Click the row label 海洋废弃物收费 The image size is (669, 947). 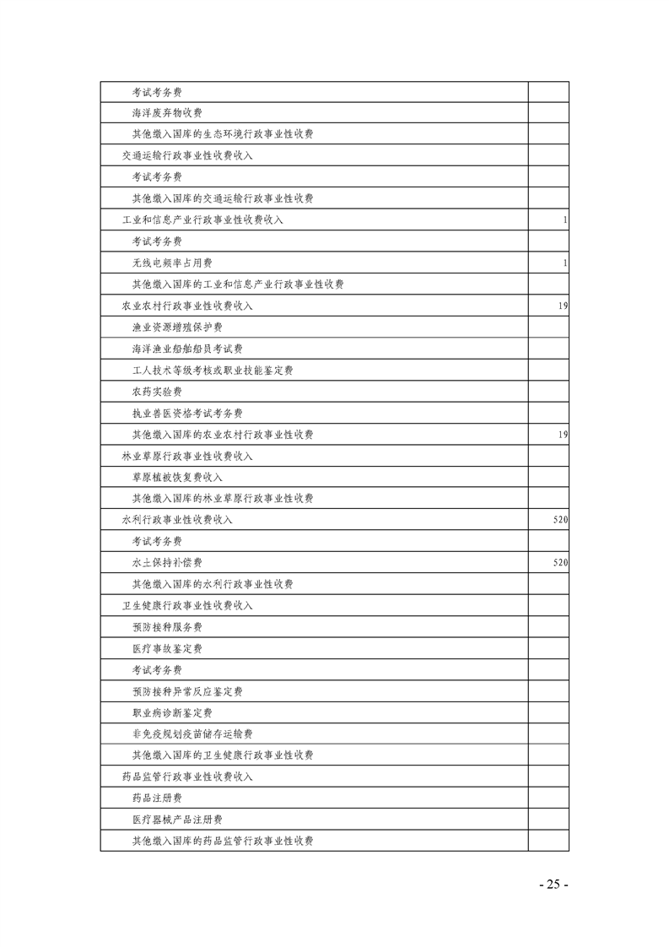pyautogui.click(x=166, y=113)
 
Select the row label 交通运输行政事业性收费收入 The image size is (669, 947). pyautogui.click(x=187, y=156)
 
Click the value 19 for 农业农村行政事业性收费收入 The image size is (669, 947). pyautogui.click(x=562, y=306)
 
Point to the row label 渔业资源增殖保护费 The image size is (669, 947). pyautogui.click(x=177, y=327)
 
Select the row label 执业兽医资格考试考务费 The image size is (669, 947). pyautogui.click(x=187, y=414)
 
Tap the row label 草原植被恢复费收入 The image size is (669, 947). pyautogui.click(x=177, y=478)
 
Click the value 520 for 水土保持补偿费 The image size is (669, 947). pyautogui.click(x=559, y=563)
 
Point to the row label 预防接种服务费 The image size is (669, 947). pyautogui.click(x=166, y=627)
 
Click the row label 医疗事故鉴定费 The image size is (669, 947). pyautogui.click(x=166, y=649)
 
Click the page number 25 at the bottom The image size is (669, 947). pyautogui.click(x=553, y=885)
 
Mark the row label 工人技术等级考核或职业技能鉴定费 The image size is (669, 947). pyautogui.click(x=213, y=371)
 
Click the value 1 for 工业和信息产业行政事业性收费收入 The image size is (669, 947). pyautogui.click(x=564, y=220)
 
